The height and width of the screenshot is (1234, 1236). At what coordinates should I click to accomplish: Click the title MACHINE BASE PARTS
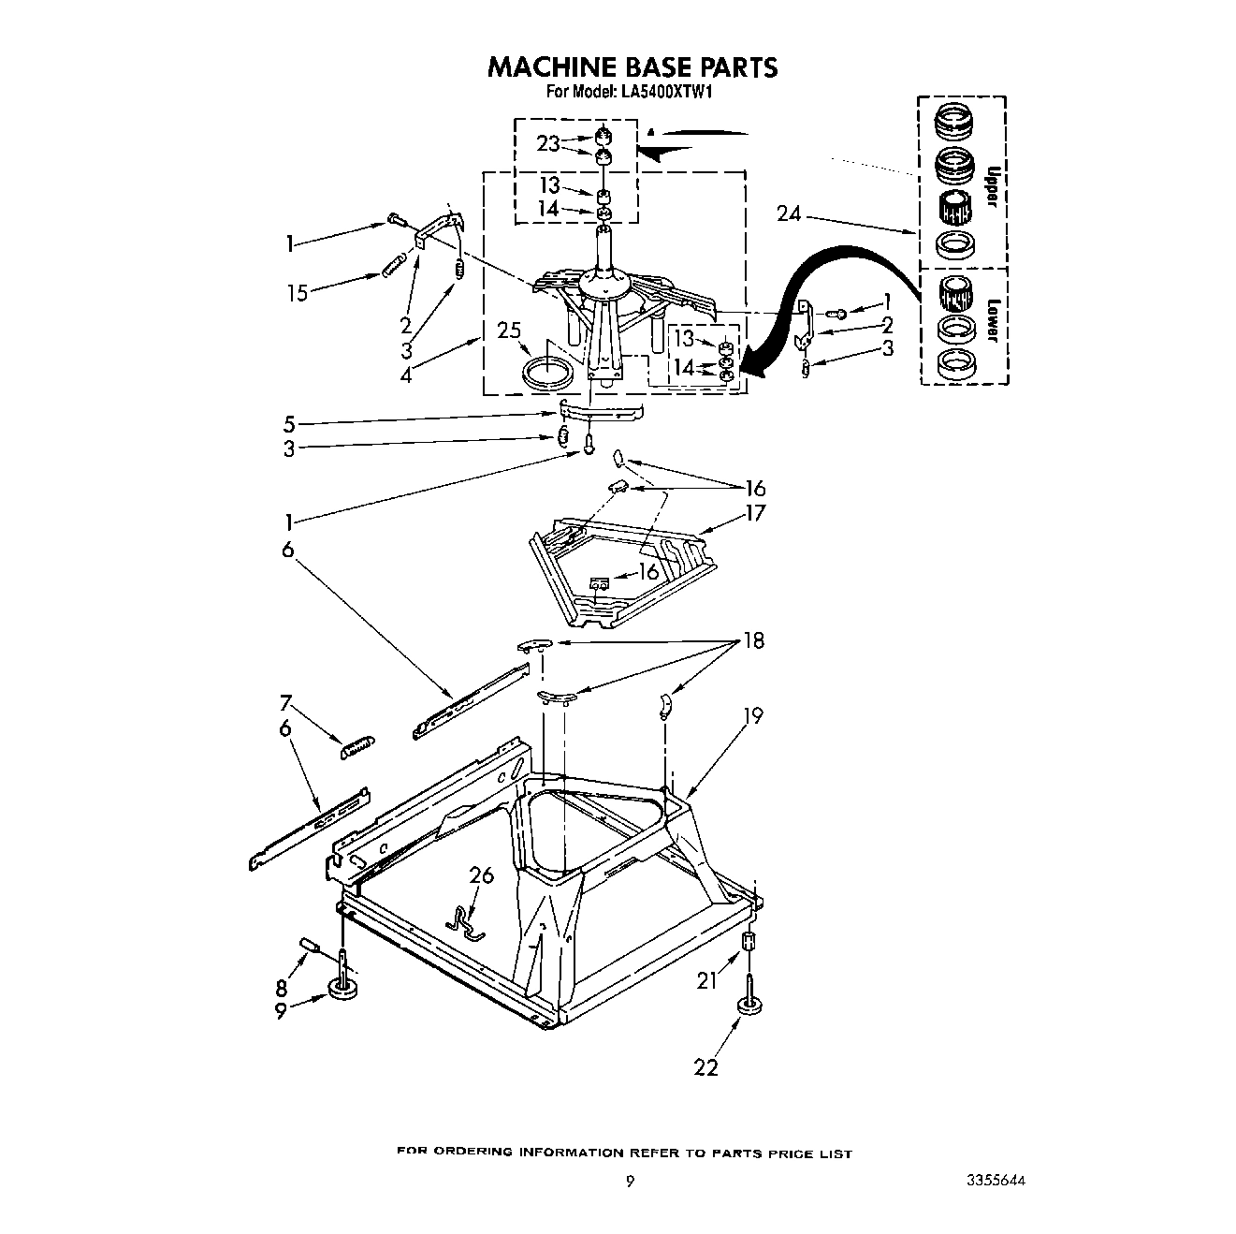632,67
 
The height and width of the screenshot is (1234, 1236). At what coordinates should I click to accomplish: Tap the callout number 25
509,331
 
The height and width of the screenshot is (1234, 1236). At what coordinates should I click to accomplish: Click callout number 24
789,214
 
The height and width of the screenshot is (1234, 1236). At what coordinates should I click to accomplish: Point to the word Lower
994,320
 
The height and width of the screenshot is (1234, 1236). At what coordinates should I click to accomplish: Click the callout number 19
752,716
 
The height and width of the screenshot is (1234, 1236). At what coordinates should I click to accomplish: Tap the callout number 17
755,513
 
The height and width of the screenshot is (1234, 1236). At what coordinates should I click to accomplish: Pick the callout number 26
481,876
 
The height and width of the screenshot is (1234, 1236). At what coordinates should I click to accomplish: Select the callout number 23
548,143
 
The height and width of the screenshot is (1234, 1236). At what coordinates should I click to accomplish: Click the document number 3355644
996,1183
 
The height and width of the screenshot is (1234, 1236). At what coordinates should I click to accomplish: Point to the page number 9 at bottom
630,1183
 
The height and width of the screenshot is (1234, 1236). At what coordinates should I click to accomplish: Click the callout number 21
706,980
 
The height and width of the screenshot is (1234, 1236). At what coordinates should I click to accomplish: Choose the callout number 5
289,423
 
